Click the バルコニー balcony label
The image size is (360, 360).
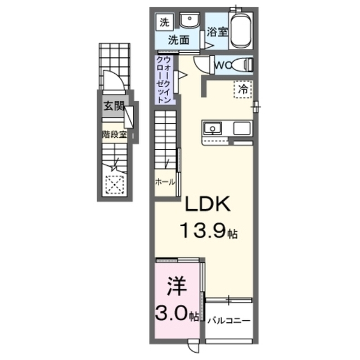(228, 321)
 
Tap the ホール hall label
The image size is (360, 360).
(164, 182)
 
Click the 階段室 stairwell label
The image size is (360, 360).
(114, 134)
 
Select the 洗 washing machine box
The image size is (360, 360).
(164, 23)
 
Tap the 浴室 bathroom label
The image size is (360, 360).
(217, 32)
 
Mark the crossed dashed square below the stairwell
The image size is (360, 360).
(114, 183)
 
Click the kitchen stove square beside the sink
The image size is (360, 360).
(242, 128)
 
